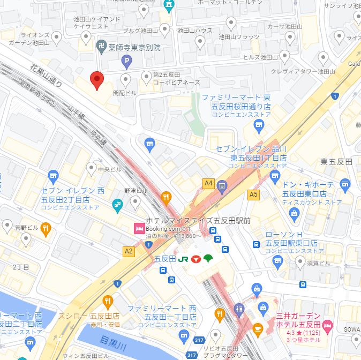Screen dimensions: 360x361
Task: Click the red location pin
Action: (x=96, y=80)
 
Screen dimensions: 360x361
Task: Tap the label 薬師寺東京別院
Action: (x=134, y=47)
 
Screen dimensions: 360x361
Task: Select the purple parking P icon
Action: (x=127, y=63)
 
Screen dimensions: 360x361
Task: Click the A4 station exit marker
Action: (x=208, y=184)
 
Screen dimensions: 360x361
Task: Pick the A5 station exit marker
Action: (x=253, y=194)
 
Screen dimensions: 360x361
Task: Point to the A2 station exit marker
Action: (x=129, y=251)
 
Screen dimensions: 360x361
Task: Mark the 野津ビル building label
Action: (x=136, y=190)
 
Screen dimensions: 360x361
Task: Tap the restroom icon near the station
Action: (x=239, y=310)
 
